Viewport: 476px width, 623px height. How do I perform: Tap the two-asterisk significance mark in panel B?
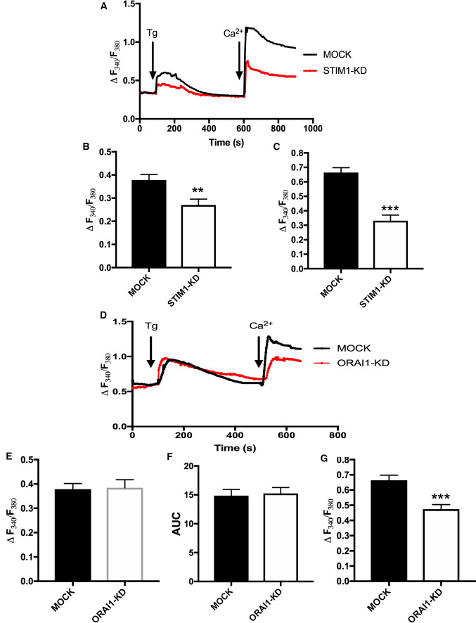(x=190, y=191)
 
